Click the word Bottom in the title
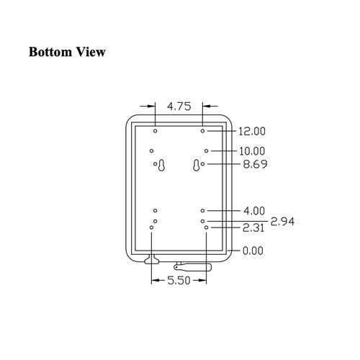pyautogui.click(x=50, y=52)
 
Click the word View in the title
pyautogui.click(x=91, y=52)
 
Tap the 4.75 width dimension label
pyautogui.click(x=179, y=107)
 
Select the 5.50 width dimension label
pyautogui.click(x=179, y=280)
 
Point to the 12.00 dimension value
pyautogui.click(x=252, y=131)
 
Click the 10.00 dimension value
pyautogui.click(x=252, y=151)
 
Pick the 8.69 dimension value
pyautogui.click(x=255, y=164)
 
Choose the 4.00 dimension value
pyautogui.click(x=254, y=211)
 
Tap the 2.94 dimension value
pyautogui.click(x=282, y=221)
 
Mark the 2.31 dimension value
pyautogui.click(x=253, y=228)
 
